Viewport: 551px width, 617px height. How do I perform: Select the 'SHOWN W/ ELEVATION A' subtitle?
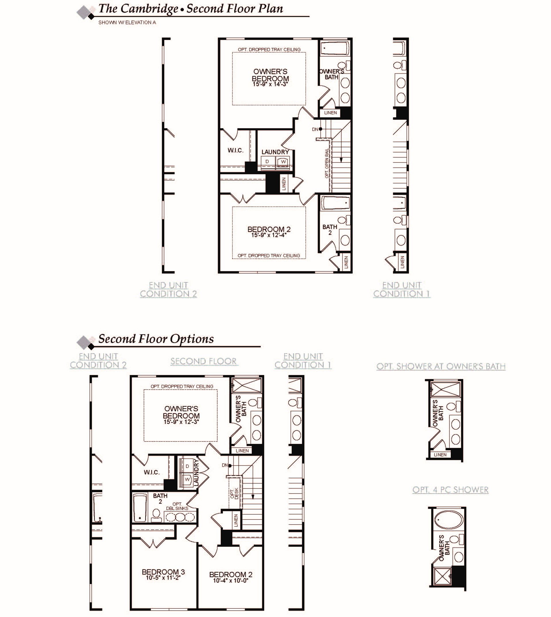pyautogui.click(x=127, y=22)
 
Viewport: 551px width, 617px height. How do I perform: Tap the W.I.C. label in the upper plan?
pyautogui.click(x=235, y=150)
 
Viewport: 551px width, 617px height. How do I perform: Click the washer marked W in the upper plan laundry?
pyautogui.click(x=283, y=162)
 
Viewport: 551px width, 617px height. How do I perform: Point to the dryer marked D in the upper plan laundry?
pyautogui.click(x=267, y=162)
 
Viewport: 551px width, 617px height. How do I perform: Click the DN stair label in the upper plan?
pyautogui.click(x=315, y=129)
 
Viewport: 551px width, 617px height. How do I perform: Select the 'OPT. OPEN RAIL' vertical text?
pyautogui.click(x=327, y=163)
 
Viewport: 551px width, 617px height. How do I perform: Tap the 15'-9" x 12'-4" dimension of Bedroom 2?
pyautogui.click(x=268, y=235)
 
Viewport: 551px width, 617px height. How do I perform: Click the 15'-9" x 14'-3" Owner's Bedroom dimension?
pyautogui.click(x=270, y=84)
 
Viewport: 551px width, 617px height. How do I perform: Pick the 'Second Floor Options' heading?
pyautogui.click(x=156, y=339)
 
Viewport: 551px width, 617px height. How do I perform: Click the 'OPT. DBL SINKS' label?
pyautogui.click(x=177, y=506)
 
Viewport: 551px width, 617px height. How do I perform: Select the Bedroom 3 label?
pyautogui.click(x=163, y=572)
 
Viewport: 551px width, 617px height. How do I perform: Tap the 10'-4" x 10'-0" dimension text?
pyautogui.click(x=230, y=581)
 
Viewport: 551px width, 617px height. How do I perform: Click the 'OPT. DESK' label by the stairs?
pyautogui.click(x=234, y=493)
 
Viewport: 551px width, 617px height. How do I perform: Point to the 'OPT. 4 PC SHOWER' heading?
pyautogui.click(x=450, y=490)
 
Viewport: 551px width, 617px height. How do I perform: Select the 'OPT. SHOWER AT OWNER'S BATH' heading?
pyautogui.click(x=441, y=366)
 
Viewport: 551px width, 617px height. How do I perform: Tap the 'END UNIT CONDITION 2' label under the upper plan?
pyautogui.click(x=168, y=290)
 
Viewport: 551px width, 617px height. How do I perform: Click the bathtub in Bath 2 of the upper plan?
pyautogui.click(x=335, y=202)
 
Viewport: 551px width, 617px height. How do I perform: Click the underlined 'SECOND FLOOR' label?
pyautogui.click(x=204, y=361)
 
